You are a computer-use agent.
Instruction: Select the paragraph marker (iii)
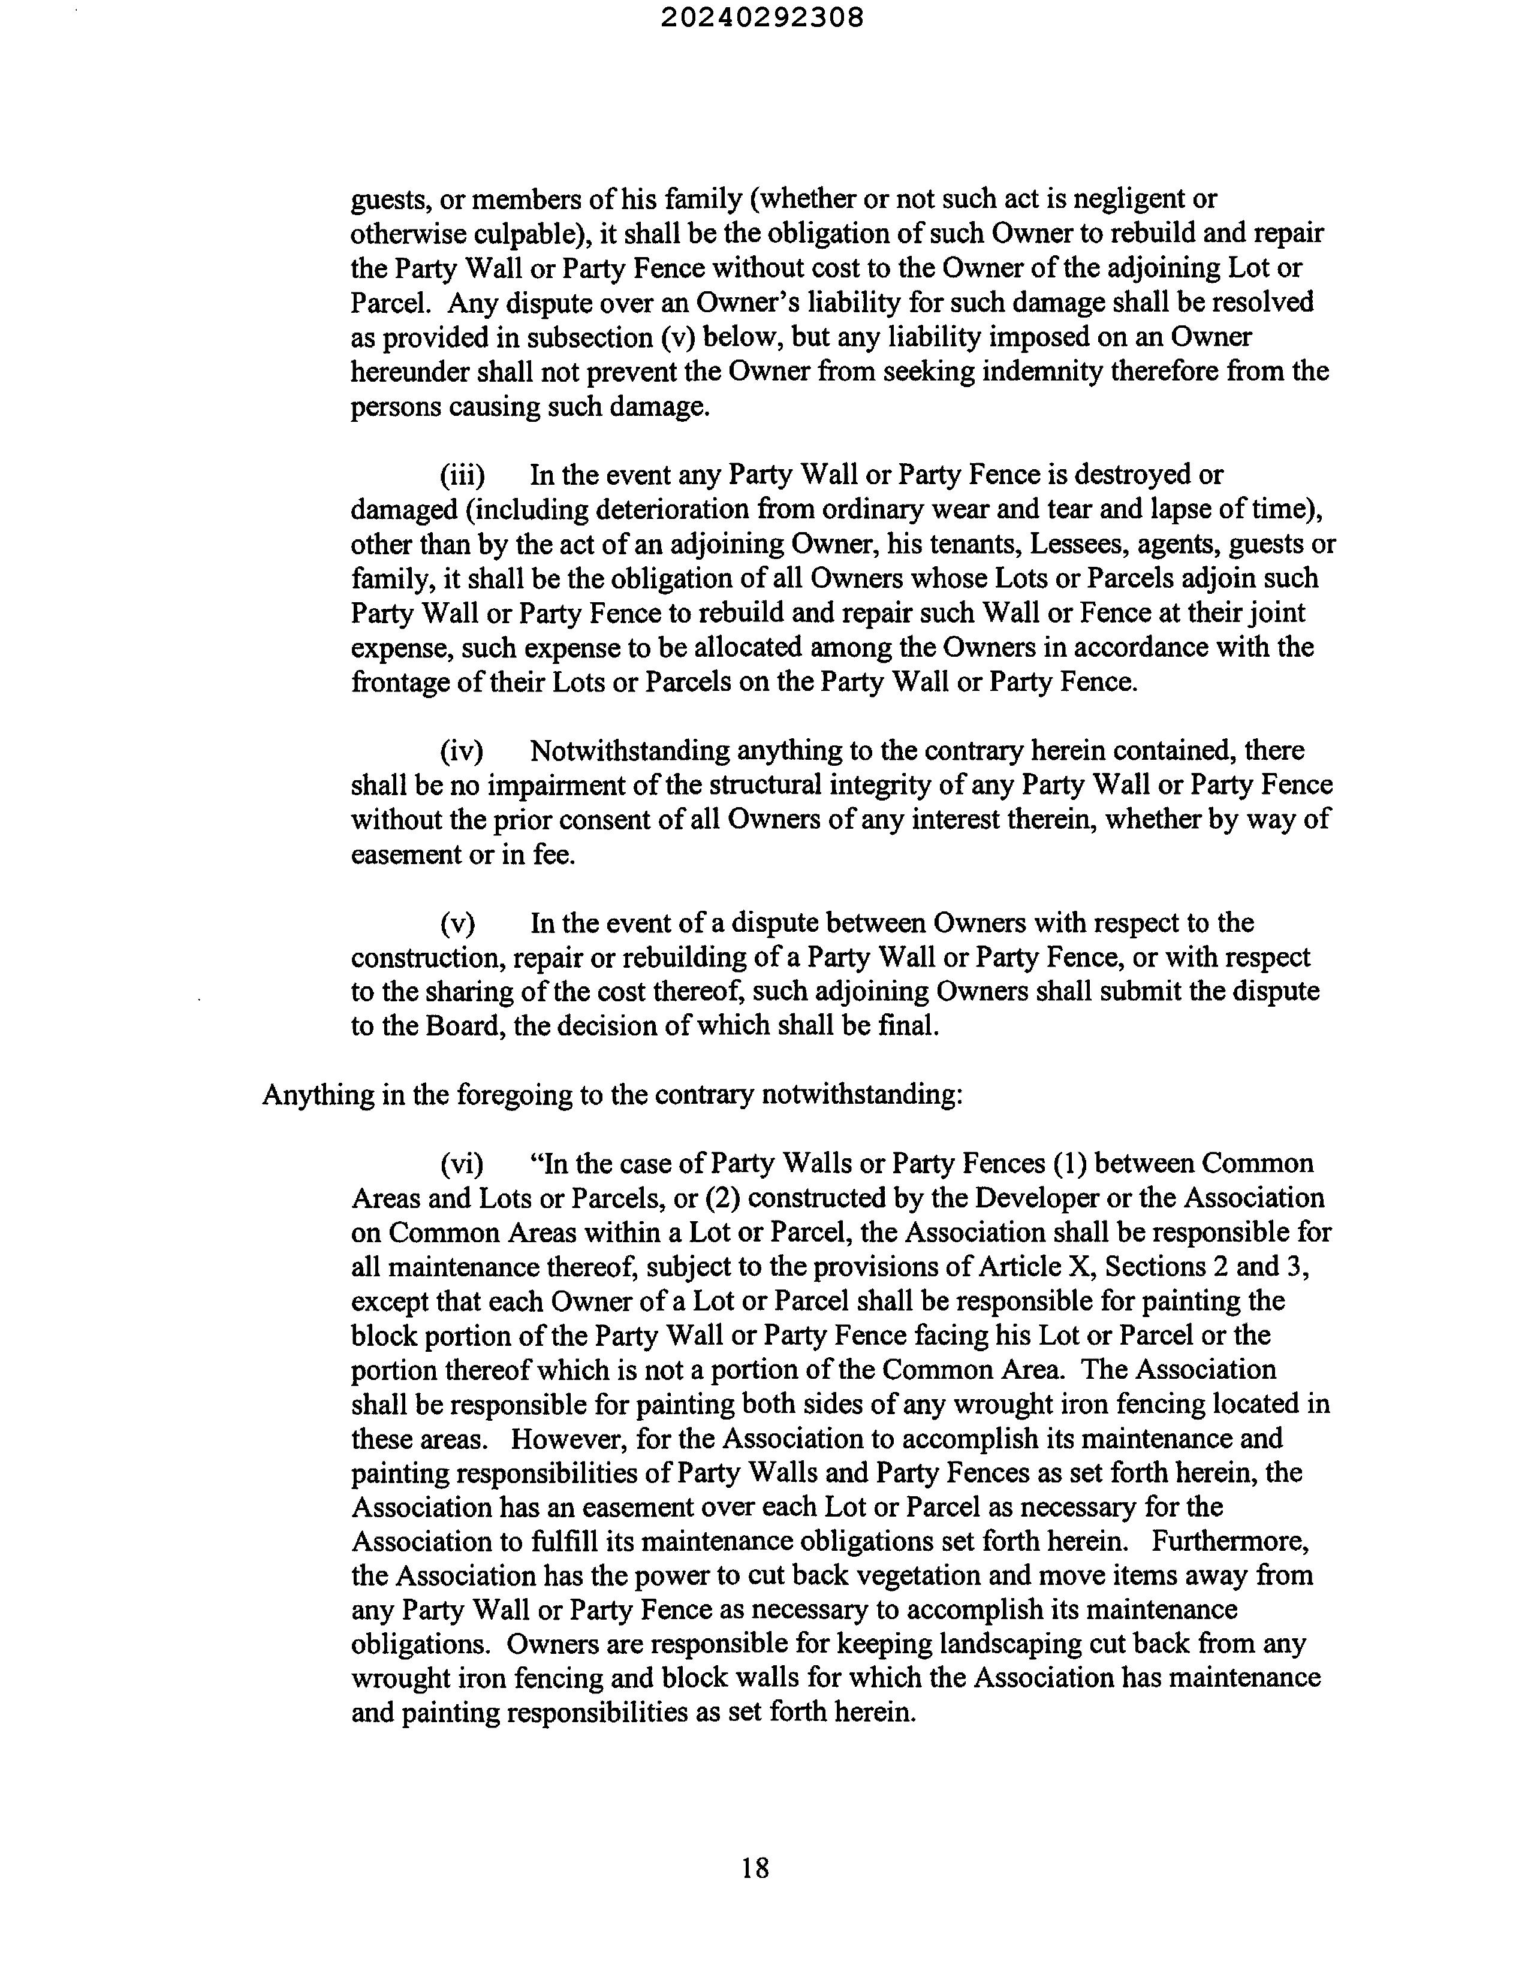click(462, 475)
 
